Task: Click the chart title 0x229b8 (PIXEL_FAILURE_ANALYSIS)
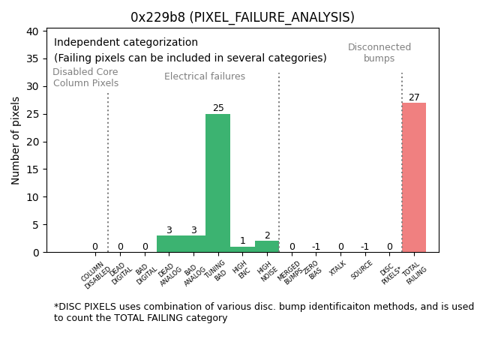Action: click(242, 17)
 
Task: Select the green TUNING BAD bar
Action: click(217, 184)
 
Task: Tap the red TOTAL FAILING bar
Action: click(413, 178)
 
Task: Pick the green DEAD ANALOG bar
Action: click(169, 244)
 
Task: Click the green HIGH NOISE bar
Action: click(266, 247)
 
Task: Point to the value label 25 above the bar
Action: click(218, 108)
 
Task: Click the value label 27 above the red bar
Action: click(414, 97)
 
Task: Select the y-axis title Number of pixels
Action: click(16, 140)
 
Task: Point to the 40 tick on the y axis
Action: click(33, 31)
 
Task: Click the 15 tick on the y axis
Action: click(33, 169)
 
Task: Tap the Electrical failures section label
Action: click(205, 76)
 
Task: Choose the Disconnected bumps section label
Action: click(379, 52)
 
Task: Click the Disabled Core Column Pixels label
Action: click(85, 77)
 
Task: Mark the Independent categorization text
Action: click(126, 43)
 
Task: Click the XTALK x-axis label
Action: click(338, 268)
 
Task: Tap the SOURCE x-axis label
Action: click(362, 270)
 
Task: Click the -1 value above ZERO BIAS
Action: click(316, 247)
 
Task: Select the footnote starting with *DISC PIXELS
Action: click(263, 312)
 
